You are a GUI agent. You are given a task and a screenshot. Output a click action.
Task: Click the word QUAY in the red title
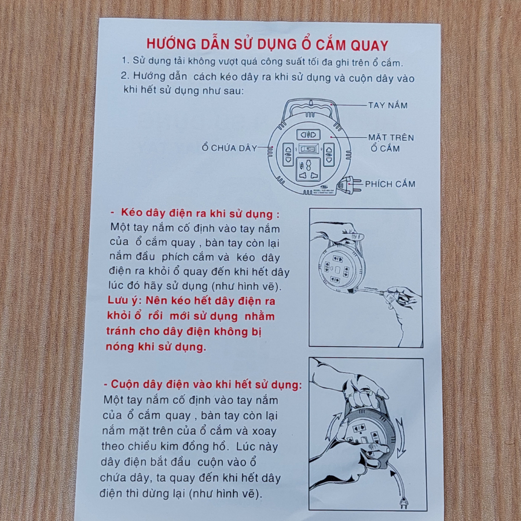point(369,46)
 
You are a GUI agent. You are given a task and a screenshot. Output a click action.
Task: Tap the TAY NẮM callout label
point(388,105)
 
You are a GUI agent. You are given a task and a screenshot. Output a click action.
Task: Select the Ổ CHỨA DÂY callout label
point(230,148)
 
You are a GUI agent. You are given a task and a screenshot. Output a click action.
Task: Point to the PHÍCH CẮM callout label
point(390,184)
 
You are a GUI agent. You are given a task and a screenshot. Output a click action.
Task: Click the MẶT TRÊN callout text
point(391,137)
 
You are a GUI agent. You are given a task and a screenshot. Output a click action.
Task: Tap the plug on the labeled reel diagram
point(349,185)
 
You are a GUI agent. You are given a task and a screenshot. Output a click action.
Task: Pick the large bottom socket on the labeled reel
point(308,170)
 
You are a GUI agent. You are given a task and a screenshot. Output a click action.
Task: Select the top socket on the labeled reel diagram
point(309,134)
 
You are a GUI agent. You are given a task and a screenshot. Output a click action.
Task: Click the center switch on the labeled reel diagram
point(309,149)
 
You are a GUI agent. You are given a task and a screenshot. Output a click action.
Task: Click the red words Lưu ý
point(124,300)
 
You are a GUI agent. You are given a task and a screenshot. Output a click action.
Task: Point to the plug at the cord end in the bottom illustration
point(403,501)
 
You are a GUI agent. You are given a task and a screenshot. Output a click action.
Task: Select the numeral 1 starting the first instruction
point(124,60)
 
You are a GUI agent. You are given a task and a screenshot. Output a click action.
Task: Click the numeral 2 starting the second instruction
point(124,76)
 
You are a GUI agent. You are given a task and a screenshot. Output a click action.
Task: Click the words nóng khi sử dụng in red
point(156,347)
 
